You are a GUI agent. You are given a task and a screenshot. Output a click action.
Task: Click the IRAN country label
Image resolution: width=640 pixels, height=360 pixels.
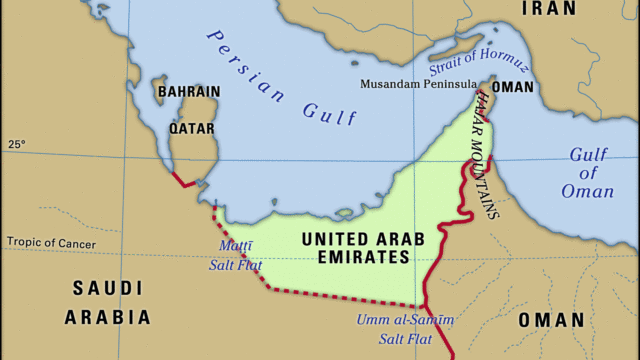click(549, 9)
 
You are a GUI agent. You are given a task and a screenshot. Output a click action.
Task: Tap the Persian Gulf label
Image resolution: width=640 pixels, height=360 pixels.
click(281, 78)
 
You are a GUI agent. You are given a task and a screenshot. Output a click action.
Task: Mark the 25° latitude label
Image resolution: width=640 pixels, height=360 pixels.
click(16, 145)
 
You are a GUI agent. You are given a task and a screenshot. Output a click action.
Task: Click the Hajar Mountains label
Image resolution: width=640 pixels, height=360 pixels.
click(487, 150)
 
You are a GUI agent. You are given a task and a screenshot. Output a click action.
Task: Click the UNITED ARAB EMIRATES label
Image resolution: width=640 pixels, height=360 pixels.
click(355, 248)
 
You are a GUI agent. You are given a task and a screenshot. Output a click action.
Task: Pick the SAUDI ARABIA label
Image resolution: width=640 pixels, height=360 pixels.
click(107, 303)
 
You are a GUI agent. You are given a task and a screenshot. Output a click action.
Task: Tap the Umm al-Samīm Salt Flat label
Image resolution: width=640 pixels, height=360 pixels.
click(405, 329)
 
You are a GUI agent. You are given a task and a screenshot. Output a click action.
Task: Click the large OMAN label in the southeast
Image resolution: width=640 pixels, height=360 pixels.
click(551, 320)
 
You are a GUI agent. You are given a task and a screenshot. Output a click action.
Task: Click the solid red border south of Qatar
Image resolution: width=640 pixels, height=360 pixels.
click(184, 181)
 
